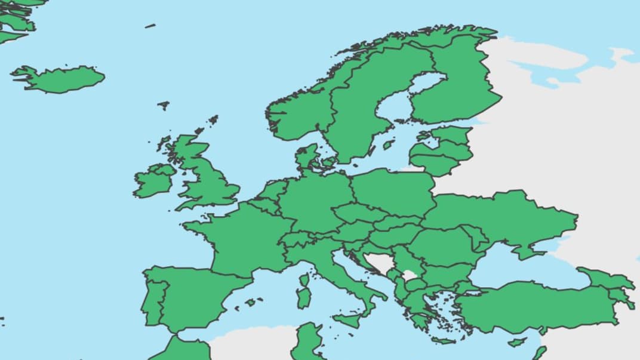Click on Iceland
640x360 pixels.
[60, 79]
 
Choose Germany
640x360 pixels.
[313, 203]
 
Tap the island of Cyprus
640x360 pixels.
[517, 343]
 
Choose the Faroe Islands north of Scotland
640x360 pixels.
[164, 106]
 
